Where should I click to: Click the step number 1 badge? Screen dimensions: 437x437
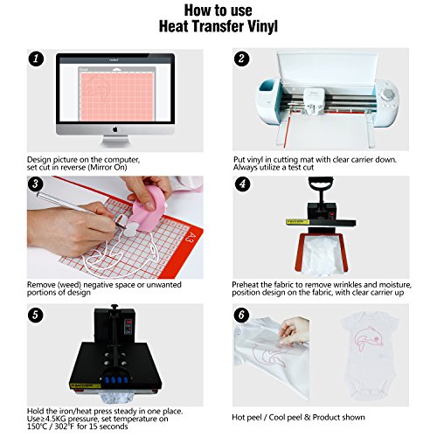click(x=36, y=59)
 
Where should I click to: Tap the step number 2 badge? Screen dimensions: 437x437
click(x=241, y=59)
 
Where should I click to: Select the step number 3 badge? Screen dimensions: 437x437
click(x=36, y=184)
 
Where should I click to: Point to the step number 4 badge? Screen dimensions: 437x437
click(x=242, y=184)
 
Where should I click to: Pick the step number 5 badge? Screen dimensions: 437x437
click(x=36, y=315)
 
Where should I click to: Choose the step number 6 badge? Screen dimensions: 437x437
click(x=241, y=315)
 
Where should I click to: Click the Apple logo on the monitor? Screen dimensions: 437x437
click(x=115, y=128)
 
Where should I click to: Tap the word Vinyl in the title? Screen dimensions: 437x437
click(x=262, y=26)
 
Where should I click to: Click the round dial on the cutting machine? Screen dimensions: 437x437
click(x=388, y=94)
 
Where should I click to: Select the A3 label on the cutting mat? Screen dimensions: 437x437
click(x=190, y=237)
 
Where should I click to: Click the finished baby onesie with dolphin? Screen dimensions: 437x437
click(x=369, y=356)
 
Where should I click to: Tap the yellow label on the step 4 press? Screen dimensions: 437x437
click(x=297, y=222)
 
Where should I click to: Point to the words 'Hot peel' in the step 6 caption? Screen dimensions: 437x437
click(x=246, y=418)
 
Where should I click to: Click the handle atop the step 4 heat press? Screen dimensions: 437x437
click(x=321, y=183)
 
